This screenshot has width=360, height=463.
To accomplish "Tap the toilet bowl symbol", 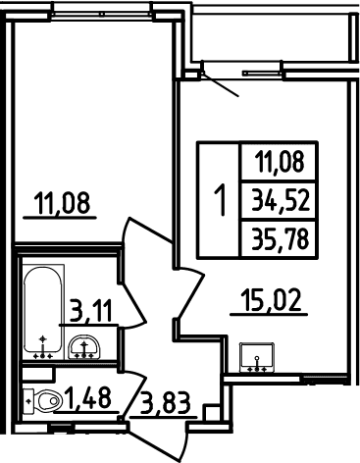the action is pos(48,400).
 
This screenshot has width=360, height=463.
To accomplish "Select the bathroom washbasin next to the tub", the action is pos(84,346).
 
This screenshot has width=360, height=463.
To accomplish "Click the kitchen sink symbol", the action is pos(257,357).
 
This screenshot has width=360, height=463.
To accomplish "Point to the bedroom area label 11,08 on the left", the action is pos(63,203).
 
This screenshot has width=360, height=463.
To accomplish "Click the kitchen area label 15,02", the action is pos(270,300).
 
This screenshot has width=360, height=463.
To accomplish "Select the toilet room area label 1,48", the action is pos(88,398).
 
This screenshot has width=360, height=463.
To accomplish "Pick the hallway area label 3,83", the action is pos(165,403).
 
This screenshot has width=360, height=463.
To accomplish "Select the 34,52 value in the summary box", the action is pos(281,200).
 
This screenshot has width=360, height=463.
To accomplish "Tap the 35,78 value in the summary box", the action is pos(281,239).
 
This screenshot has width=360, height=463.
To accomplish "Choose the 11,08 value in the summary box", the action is pos(281,162).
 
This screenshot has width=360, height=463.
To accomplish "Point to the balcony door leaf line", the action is pos(220,84).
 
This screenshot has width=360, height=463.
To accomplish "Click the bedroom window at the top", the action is pos(102,14).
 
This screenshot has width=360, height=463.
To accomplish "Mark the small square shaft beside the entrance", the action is pos(211,413).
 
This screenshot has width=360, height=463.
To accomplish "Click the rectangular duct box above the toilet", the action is pos(38,374).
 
